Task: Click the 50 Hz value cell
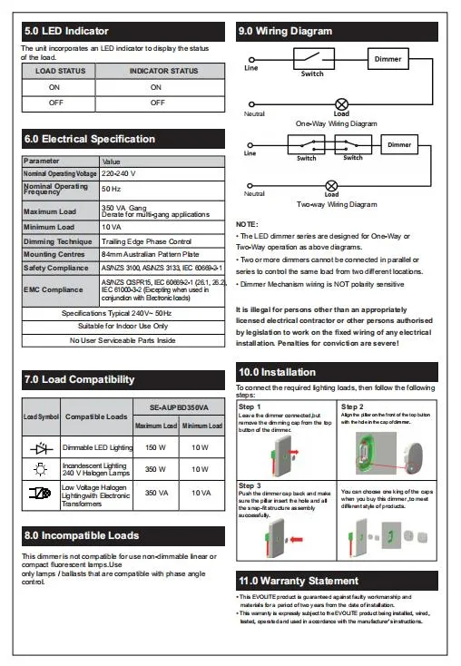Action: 111,188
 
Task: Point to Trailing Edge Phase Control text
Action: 146,241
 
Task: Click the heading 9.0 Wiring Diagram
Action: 285,31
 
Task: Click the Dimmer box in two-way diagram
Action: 398,145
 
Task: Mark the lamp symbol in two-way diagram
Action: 331,184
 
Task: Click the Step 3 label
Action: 250,485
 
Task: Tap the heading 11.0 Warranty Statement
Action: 298,581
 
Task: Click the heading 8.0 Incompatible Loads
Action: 83,535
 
